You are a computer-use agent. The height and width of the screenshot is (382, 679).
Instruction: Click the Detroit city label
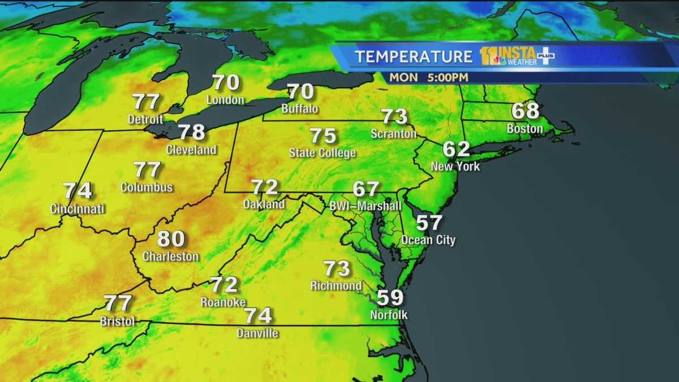145,119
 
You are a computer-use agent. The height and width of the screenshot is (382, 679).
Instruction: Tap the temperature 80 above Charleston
171,239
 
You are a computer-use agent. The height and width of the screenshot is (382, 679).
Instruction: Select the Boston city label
525,128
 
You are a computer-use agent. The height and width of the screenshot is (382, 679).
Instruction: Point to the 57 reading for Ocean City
428,223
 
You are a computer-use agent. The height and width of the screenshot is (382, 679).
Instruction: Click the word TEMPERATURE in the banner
414,57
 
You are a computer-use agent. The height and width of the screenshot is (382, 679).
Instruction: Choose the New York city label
455,166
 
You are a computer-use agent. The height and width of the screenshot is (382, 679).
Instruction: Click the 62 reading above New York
456,149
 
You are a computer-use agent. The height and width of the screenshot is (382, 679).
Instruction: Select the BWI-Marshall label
366,206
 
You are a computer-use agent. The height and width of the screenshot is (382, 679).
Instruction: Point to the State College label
323,153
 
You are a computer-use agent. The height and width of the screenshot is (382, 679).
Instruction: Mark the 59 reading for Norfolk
389,297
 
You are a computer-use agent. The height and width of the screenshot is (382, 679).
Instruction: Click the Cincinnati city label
78,209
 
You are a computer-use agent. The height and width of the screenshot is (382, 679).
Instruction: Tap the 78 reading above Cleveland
191,132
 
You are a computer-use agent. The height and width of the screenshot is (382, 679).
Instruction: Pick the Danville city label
258,333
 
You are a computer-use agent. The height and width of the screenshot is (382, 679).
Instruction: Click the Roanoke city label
223,302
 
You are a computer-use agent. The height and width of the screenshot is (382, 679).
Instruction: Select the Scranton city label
394,134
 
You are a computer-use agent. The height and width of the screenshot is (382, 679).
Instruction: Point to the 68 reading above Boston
525,111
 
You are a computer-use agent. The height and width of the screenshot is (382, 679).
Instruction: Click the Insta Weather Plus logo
517,56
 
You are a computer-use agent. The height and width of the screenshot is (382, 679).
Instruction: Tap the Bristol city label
118,321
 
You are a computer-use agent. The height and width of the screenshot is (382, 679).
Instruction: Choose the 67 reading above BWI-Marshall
366,188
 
